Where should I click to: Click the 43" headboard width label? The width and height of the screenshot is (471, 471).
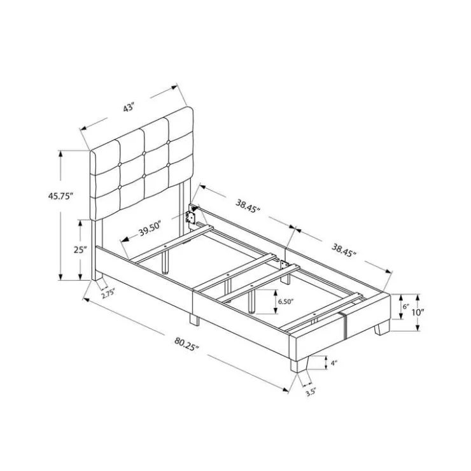(129, 107)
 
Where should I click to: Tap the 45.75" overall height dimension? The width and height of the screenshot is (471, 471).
(60, 196)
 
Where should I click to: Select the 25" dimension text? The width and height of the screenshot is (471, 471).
(80, 250)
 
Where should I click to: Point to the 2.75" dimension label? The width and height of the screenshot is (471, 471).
(108, 293)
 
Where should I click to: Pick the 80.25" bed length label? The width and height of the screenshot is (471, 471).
(186, 344)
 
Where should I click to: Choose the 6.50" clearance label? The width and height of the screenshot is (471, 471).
(285, 302)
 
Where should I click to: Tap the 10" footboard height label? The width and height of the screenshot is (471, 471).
(418, 312)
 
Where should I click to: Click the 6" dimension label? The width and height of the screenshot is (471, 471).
(406, 307)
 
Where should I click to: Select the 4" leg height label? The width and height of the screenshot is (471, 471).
(334, 363)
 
